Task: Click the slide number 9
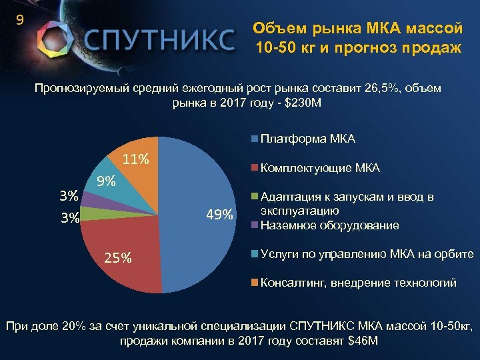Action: coord(20,20)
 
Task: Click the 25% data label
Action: coord(117,258)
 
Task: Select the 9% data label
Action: coord(106,181)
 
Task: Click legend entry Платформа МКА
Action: coord(307,139)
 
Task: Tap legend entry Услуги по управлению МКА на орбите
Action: coord(367,254)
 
